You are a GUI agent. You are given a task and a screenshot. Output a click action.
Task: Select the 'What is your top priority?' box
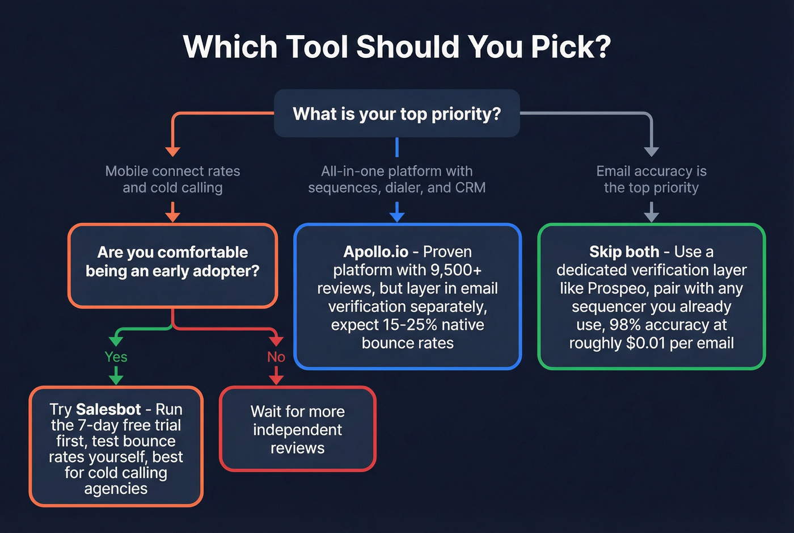396,114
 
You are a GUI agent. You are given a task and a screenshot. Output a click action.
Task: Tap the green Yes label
116,357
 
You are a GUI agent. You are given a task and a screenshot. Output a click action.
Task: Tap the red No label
276,357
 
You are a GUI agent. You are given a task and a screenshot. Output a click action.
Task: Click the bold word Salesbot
108,409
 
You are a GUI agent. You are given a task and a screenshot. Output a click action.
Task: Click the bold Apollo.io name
375,251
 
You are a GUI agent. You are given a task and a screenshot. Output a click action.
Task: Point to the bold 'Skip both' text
624,251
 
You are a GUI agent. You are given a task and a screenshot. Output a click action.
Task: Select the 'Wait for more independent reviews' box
297,429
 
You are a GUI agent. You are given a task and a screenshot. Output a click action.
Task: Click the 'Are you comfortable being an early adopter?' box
172,266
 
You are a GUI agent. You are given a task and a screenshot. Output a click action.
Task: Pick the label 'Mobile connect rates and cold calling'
172,179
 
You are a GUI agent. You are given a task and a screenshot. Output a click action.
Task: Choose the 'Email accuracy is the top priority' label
651,179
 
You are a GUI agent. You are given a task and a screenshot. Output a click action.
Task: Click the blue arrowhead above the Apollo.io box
397,217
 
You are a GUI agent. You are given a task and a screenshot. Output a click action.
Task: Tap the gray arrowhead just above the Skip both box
651,217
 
